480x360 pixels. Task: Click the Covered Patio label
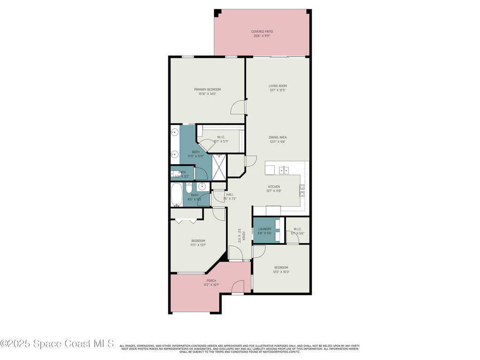[262, 31]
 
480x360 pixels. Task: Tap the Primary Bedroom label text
[207, 89]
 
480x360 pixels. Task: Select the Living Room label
[277, 86]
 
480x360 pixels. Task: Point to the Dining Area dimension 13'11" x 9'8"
[277, 142]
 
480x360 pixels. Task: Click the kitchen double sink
[284, 169]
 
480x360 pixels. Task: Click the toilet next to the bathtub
[188, 189]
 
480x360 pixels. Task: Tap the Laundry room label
[265, 229]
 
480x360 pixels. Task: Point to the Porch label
[211, 281]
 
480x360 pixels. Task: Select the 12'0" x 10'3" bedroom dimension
[281, 272]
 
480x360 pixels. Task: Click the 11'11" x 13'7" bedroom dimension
[198, 245]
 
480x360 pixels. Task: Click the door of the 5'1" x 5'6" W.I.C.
[293, 238]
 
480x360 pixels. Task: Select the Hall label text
[230, 194]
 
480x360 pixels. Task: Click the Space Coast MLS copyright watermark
[57, 344]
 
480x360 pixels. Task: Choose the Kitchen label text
[274, 187]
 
